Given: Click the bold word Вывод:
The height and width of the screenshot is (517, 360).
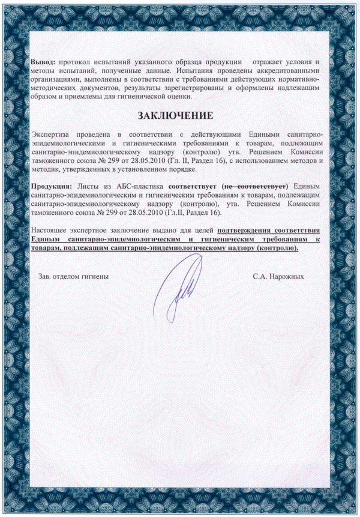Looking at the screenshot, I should click(x=43, y=62).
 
